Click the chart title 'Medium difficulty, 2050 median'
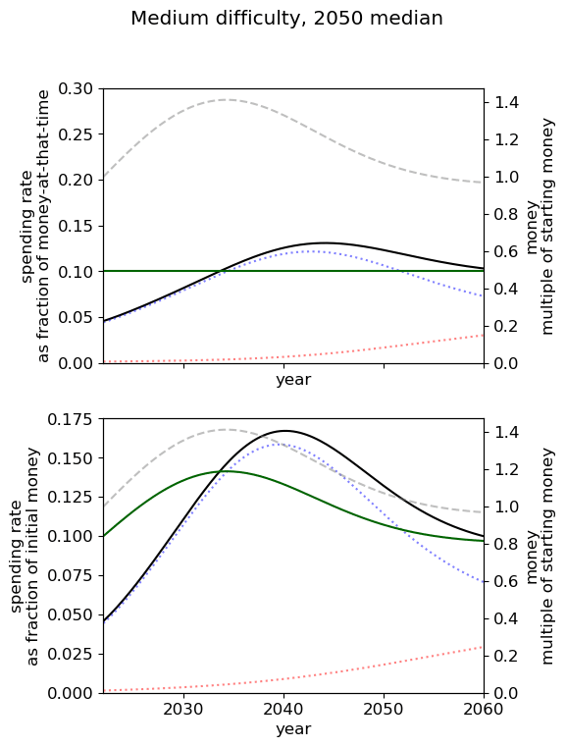click(x=286, y=19)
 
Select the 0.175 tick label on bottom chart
click(x=70, y=419)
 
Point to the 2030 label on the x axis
click(x=183, y=710)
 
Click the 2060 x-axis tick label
click(x=484, y=710)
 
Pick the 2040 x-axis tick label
click(x=283, y=710)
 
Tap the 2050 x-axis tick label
click(x=384, y=710)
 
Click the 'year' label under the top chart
click(x=293, y=380)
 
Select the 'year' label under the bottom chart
click(x=293, y=729)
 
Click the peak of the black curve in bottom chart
click(x=284, y=431)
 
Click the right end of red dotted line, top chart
click(x=484, y=335)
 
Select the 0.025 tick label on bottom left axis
click(x=70, y=654)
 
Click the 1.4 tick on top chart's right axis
click(x=506, y=102)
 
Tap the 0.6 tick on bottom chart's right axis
click(x=506, y=582)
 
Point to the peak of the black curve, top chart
click(x=324, y=243)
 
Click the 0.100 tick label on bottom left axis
click(x=70, y=536)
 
